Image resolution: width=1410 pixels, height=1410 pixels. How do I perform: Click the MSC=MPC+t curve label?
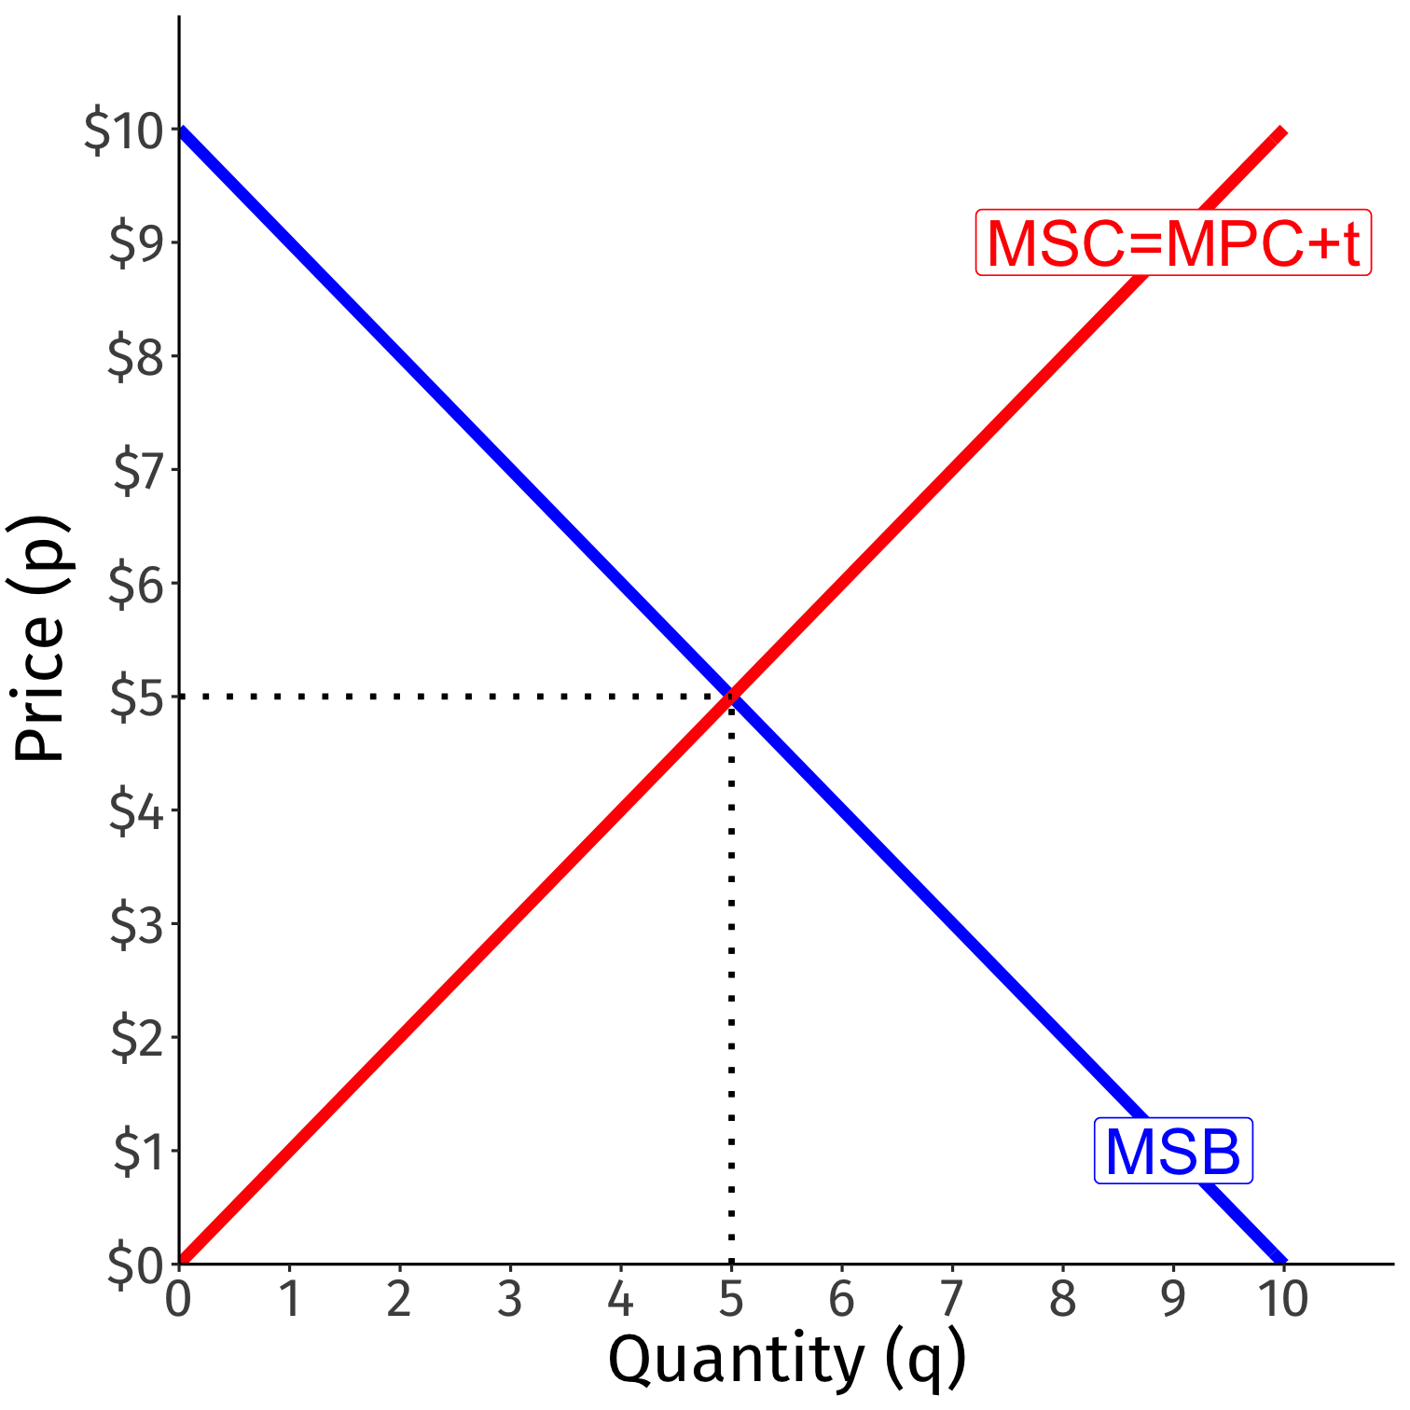click(x=1172, y=242)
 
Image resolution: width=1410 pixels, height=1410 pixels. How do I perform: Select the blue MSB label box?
click(x=1172, y=1151)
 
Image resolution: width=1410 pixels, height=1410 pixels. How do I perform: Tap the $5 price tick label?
click(x=137, y=698)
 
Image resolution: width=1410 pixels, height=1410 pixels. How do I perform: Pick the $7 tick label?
click(x=137, y=470)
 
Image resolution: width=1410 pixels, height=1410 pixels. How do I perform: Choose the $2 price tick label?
click(x=137, y=1039)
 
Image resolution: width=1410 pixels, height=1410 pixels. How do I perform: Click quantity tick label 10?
click(x=1283, y=1299)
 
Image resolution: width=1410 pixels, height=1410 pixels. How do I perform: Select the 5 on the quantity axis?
click(x=731, y=1299)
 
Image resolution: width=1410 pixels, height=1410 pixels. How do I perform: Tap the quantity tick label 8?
click(x=1062, y=1299)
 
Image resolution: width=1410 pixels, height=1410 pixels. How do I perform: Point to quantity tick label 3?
click(x=510, y=1299)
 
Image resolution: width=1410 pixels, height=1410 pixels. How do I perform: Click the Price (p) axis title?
click(x=39, y=639)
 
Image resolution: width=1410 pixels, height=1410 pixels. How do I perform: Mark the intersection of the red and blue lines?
click(x=731, y=696)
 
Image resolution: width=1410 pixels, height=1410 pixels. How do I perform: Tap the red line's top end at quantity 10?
click(x=1282, y=131)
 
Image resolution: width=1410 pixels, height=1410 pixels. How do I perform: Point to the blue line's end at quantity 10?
click(x=1281, y=1260)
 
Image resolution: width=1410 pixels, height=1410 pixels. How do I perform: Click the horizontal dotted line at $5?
click(x=448, y=696)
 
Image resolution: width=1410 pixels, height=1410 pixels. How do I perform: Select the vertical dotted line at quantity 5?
click(x=731, y=979)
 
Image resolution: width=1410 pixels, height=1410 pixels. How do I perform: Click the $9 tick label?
click(x=137, y=243)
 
